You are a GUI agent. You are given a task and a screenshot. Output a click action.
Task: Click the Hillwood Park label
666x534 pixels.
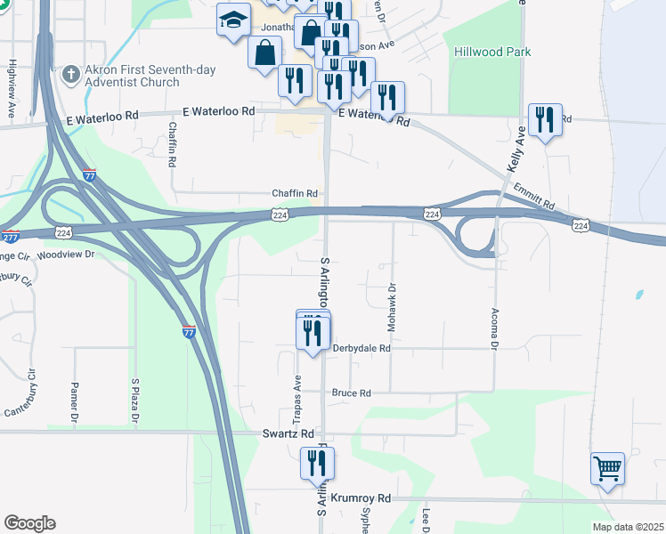tap(492, 52)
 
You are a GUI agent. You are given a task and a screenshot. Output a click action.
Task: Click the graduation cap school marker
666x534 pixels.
tap(234, 20)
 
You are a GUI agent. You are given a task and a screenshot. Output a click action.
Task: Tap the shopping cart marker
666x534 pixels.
tap(607, 467)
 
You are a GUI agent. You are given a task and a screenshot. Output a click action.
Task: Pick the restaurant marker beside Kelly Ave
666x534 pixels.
tap(545, 119)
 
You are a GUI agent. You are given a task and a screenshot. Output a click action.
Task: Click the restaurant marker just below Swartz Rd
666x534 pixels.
tap(316, 463)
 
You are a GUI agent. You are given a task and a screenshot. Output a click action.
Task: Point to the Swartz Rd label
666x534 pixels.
tap(288, 433)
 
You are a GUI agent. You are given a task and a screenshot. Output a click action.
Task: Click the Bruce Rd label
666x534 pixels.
tap(351, 392)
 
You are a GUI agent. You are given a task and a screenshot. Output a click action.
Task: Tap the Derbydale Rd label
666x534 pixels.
tap(361, 349)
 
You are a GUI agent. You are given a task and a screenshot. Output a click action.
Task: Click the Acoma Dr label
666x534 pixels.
tap(494, 328)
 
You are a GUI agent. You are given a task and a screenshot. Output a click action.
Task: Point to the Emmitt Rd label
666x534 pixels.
tap(533, 197)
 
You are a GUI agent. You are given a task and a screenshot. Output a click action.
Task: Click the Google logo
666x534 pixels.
tap(29, 523)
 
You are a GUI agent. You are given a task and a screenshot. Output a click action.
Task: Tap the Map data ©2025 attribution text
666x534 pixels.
tap(628, 527)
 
